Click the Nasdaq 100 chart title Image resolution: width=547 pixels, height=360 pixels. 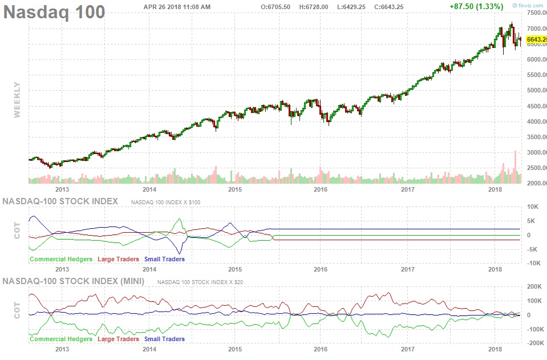click(x=55, y=11)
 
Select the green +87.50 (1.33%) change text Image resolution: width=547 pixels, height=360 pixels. click(x=476, y=6)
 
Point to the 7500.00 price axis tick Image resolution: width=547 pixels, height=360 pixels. click(x=534, y=13)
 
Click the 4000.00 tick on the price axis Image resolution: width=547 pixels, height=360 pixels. click(x=534, y=122)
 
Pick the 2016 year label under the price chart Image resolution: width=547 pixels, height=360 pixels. click(x=321, y=188)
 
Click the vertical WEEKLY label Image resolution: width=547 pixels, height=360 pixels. click(x=17, y=99)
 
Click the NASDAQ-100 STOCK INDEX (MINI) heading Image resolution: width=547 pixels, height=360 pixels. click(x=74, y=281)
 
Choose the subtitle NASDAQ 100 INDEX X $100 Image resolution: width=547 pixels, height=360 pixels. click(x=165, y=202)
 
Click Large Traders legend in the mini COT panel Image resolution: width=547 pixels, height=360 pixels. click(x=118, y=339)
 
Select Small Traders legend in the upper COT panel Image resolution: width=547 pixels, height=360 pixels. click(x=164, y=259)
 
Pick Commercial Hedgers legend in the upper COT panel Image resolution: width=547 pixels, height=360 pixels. click(x=61, y=259)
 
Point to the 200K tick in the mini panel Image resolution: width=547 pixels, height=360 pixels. click(x=535, y=287)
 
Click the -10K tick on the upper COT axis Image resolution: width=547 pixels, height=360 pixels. click(x=535, y=263)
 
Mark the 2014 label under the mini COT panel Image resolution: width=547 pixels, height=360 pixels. click(x=149, y=348)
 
